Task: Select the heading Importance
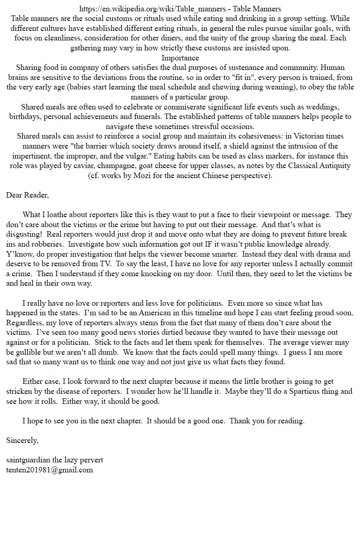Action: [x=180, y=58]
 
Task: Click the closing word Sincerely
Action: [x=22, y=440]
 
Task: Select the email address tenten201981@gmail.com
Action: [x=50, y=470]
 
